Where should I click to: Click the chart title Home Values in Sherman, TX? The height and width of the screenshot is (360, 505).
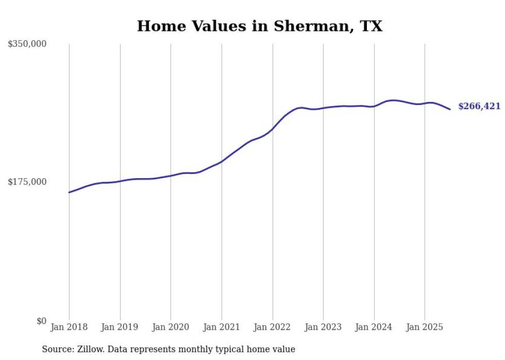260,26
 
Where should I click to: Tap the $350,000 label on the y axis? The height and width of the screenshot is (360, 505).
27,44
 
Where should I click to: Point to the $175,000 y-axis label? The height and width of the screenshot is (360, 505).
27,182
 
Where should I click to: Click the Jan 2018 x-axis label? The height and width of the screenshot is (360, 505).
69,327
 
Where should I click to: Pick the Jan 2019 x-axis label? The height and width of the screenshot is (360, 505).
120,327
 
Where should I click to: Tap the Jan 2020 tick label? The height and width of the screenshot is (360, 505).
171,327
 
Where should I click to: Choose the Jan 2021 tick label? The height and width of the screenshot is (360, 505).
222,327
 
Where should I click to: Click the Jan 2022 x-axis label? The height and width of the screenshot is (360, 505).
273,327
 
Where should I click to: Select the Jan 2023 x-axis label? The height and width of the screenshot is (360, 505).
323,327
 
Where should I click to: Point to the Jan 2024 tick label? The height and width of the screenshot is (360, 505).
374,327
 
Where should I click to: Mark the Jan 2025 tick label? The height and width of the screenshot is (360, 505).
425,327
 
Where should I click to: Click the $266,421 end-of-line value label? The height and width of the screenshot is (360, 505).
479,107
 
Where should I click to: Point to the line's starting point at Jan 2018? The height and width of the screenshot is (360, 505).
69,192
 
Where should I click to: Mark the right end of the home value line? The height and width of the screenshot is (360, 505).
450,109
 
